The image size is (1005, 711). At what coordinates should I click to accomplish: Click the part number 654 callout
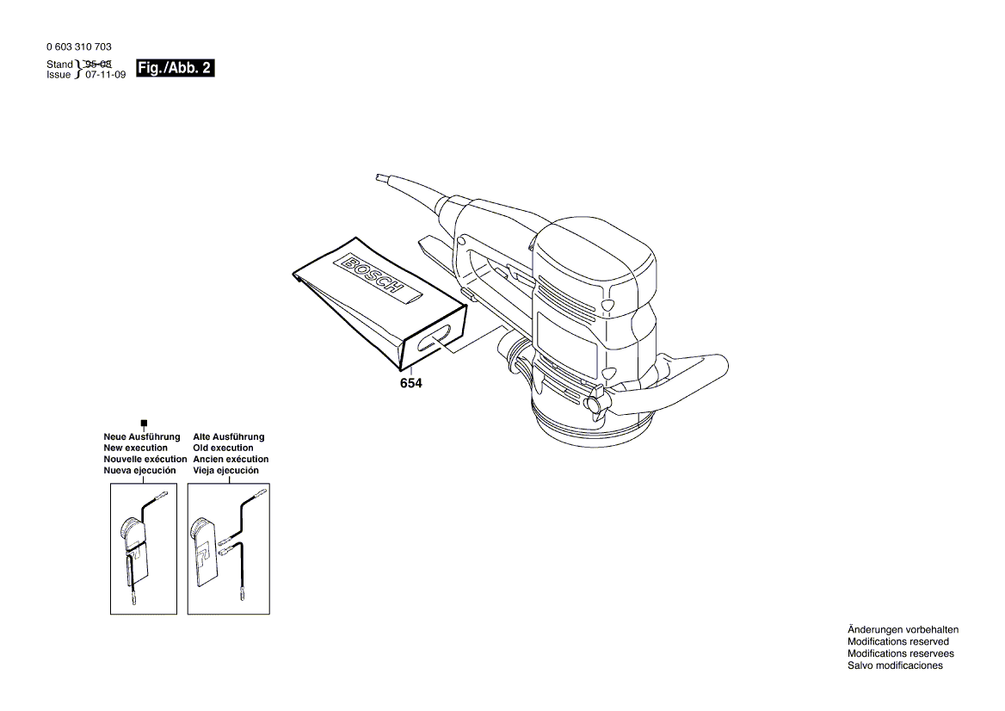click(x=410, y=383)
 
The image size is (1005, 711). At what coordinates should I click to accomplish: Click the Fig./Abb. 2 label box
click(x=175, y=68)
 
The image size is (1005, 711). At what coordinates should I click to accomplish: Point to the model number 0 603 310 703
click(x=79, y=46)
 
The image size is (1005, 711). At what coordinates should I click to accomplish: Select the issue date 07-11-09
click(x=106, y=75)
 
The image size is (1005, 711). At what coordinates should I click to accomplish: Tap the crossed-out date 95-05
click(x=99, y=64)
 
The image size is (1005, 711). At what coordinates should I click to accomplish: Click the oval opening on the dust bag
click(x=435, y=337)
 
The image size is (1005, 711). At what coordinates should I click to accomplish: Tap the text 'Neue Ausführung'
click(x=142, y=436)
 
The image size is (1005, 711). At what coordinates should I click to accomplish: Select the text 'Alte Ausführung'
click(x=229, y=436)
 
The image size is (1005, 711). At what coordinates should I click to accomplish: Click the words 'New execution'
click(x=135, y=448)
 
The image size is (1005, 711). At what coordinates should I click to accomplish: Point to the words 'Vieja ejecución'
click(x=225, y=470)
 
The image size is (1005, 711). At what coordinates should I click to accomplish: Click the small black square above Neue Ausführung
click(x=145, y=424)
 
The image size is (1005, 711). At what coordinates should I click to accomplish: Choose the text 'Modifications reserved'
click(x=898, y=641)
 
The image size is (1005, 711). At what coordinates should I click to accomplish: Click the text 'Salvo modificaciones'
click(x=895, y=665)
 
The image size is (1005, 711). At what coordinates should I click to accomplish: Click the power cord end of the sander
click(x=380, y=177)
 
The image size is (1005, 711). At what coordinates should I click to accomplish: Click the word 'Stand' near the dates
click(x=59, y=64)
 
